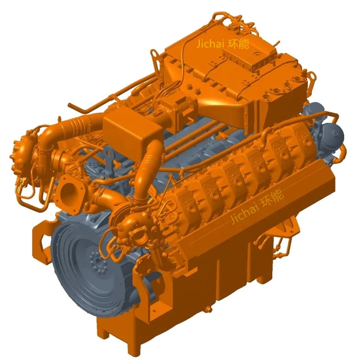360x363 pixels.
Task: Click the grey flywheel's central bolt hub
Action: [x=96, y=262]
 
